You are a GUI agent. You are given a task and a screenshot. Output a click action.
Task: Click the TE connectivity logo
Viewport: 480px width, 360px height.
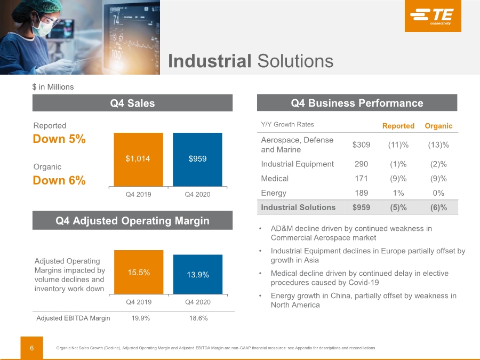433,15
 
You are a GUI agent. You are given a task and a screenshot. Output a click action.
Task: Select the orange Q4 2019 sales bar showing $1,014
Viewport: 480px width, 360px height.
138,159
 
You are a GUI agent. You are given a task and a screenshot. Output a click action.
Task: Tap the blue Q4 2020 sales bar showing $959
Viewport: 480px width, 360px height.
197,159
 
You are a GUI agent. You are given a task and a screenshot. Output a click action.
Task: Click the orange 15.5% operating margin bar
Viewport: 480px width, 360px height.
139,272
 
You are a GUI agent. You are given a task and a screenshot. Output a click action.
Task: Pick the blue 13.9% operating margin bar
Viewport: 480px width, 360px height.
198,274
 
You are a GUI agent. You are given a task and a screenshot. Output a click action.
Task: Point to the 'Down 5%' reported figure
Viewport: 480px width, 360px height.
59,139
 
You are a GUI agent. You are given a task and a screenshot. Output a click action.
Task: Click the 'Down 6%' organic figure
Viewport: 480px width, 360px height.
59,180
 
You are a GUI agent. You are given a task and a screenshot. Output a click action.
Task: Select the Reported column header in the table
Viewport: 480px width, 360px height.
398,126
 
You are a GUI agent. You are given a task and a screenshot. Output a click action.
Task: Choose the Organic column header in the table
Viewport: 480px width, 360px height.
438,126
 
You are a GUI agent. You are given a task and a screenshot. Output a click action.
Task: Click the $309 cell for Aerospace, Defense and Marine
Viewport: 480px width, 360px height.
361,145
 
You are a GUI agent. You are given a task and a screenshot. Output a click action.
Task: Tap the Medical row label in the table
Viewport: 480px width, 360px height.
275,179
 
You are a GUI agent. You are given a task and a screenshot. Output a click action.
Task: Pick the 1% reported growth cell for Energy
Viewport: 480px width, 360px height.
398,193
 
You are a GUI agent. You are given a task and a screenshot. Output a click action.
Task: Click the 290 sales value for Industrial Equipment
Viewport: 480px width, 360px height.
361,164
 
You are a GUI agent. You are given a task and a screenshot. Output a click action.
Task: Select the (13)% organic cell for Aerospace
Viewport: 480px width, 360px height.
438,145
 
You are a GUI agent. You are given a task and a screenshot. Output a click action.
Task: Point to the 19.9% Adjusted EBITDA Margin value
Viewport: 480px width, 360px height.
140,318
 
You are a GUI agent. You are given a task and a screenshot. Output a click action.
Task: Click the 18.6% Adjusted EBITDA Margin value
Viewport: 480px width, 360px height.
198,318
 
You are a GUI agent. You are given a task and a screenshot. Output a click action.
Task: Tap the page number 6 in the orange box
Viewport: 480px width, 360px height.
32,348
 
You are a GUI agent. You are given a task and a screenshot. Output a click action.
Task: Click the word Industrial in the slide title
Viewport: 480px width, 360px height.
210,61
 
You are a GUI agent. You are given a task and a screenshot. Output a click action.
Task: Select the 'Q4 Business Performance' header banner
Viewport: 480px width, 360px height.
357,103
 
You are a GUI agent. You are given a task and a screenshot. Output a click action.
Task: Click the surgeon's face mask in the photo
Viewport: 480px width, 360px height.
43,28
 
